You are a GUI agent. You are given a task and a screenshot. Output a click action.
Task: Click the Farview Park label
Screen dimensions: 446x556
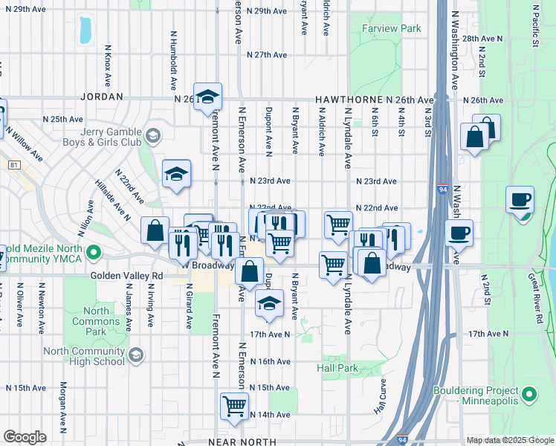coord(391,28)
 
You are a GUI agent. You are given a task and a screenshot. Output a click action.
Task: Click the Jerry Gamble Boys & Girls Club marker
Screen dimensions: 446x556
coord(153,135)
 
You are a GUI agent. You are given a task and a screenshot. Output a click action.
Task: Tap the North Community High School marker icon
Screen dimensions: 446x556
coord(136,357)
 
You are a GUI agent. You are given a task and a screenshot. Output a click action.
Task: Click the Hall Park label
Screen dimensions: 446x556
coord(337,368)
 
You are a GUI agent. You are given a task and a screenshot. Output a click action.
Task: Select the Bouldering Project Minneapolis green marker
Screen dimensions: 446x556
coord(529,394)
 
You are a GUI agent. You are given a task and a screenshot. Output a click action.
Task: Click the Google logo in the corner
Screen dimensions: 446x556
coord(25,437)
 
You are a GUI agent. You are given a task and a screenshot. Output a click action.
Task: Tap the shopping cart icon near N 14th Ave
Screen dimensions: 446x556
coord(234,406)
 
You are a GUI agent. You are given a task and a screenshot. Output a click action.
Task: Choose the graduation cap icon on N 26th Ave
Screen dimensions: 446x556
coord(208,96)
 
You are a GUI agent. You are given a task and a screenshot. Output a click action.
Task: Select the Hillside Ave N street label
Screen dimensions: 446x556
coord(112,199)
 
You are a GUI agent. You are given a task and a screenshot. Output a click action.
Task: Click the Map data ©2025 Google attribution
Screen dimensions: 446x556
coord(510,440)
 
